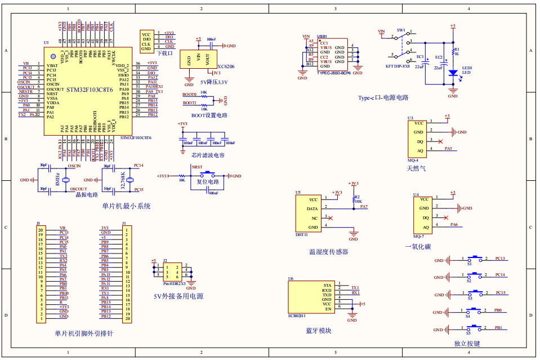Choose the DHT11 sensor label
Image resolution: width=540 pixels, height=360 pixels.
(302, 234)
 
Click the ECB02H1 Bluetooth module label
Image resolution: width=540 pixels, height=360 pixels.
(297, 316)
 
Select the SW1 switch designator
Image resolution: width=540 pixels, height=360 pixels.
(401, 29)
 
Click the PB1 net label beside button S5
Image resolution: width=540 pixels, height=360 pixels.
(498, 327)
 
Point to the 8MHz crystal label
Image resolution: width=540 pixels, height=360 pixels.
(57, 180)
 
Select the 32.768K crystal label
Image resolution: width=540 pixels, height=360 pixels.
(123, 180)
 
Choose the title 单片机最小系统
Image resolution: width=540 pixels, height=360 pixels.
(126, 206)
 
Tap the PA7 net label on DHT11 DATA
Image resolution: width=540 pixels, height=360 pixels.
(364, 207)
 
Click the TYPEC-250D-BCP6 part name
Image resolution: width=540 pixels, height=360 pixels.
(334, 73)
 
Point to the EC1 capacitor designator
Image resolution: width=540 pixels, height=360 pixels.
(420, 56)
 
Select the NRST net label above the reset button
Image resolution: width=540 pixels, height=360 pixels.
(197, 167)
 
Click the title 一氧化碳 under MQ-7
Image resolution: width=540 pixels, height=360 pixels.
(417, 246)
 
